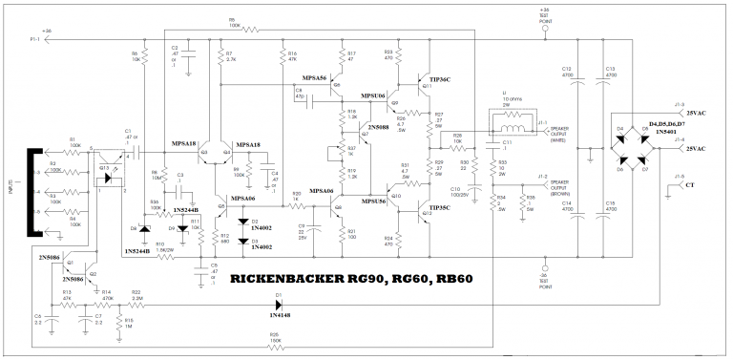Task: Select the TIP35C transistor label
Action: point(442,207)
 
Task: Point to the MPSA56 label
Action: point(314,77)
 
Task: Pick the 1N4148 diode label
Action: point(282,314)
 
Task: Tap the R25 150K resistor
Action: point(277,349)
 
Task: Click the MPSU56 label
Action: point(374,201)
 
